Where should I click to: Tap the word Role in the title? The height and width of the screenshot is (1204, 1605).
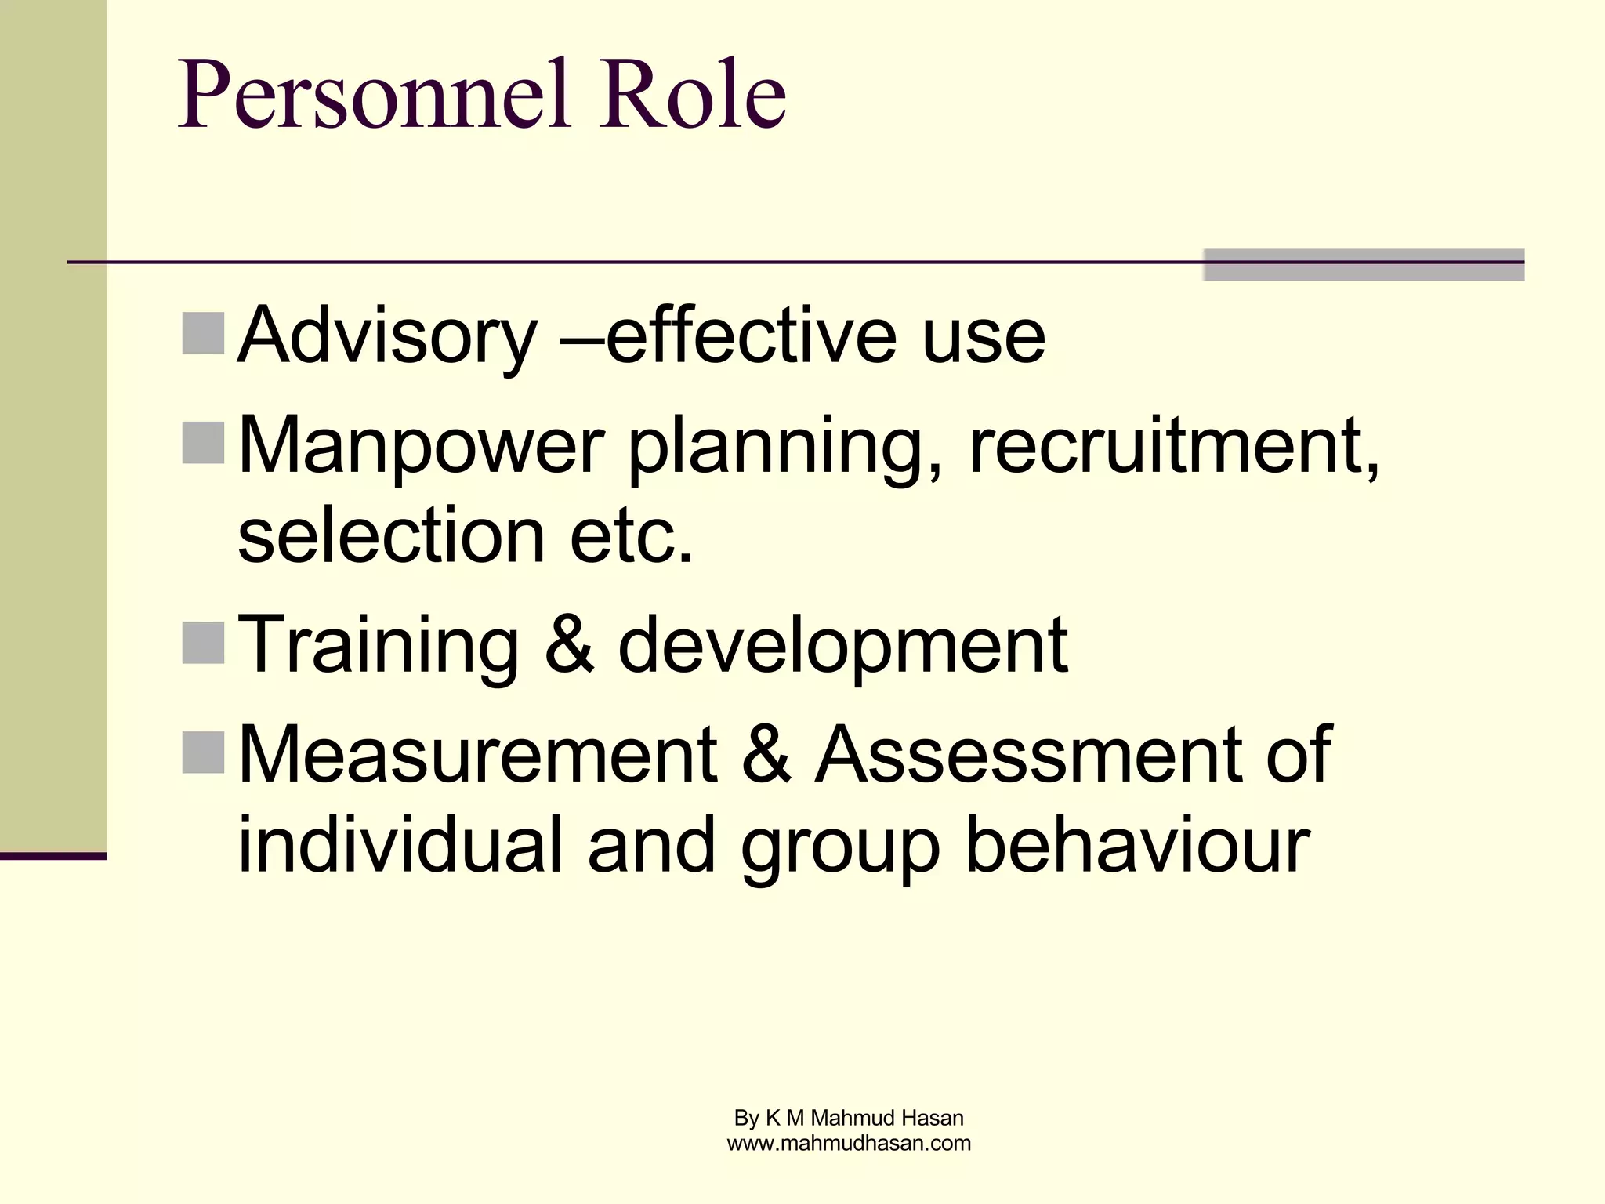pos(692,95)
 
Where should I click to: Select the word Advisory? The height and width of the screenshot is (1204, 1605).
pos(387,337)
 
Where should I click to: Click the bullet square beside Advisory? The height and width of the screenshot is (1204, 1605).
pos(204,333)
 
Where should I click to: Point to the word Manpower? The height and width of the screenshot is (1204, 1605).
pos(421,447)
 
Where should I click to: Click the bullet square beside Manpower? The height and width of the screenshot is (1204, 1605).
pos(204,443)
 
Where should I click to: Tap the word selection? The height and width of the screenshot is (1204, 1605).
pos(391,536)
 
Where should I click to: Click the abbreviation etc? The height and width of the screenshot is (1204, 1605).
pos(632,536)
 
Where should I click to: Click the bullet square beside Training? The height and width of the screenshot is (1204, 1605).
pos(204,643)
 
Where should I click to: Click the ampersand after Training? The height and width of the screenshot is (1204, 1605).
pos(569,644)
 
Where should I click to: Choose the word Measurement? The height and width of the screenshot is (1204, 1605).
pos(477,754)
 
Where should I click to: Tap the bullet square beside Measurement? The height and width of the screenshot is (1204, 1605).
pos(204,752)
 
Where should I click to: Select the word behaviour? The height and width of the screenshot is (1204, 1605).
pos(1137,845)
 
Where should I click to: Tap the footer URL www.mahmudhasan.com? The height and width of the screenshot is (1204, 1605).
pos(849,1143)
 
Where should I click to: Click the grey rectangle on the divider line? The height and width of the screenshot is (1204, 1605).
pos(1364,265)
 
